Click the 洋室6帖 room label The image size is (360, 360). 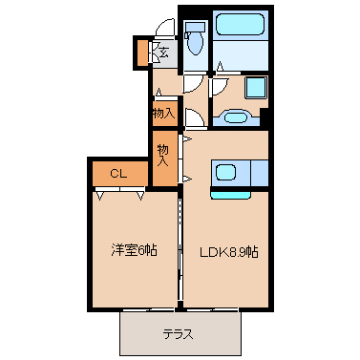coord(134,251)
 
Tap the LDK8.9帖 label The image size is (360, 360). coord(228,252)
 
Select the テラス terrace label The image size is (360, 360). coord(179,334)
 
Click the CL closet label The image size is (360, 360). coord(118,174)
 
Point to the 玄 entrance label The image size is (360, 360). coord(163,52)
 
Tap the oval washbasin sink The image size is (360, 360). coord(236,117)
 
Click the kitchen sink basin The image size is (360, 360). coord(225,173)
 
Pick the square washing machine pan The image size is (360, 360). coord(256,88)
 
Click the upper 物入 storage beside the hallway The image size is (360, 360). coord(164,114)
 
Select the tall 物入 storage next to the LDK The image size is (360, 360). coord(164,159)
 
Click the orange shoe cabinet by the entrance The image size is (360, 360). coord(142,52)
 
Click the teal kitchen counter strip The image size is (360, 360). coord(230,195)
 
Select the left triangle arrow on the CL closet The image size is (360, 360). coord(100,196)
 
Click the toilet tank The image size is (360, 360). coord(195,27)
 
